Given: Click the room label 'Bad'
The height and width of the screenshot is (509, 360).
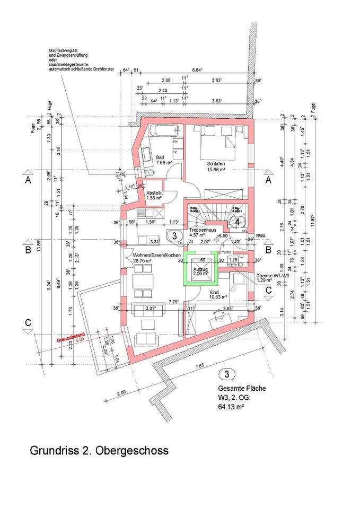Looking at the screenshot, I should [x=160, y=157].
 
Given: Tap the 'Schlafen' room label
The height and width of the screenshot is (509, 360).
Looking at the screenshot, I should [x=217, y=164].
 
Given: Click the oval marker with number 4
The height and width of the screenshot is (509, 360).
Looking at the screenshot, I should [x=239, y=221].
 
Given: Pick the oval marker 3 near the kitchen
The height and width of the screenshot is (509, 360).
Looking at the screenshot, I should [x=172, y=235].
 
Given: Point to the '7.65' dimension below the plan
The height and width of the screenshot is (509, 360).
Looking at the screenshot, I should [x=200, y=366].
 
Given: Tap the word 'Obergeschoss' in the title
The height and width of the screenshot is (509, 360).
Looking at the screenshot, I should [x=135, y=451].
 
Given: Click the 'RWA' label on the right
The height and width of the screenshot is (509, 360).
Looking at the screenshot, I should [x=260, y=236].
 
